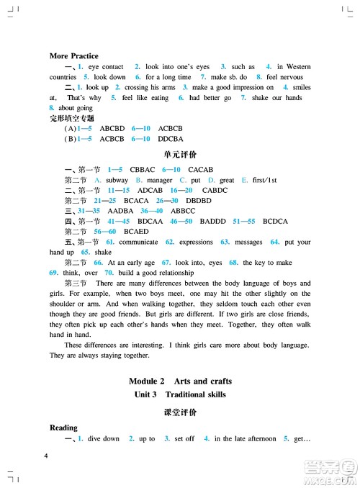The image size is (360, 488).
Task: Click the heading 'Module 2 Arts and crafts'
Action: pos(180,380)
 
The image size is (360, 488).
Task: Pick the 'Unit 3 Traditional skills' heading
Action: pos(180,394)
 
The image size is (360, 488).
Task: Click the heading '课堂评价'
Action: pos(180,413)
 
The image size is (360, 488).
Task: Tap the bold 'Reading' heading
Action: pos(63,428)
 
